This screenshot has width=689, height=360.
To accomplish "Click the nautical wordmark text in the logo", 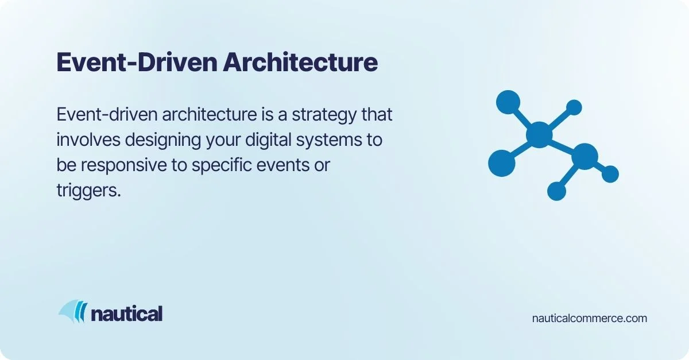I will point(127,313).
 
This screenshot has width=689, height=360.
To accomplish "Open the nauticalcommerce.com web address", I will point(590,318).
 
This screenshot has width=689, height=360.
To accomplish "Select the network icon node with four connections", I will point(539,134).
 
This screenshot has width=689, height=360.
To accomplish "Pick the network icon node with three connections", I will point(585,156).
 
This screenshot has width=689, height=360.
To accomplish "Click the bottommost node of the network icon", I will point(556,191).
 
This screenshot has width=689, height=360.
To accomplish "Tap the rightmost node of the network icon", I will point(610,174).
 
